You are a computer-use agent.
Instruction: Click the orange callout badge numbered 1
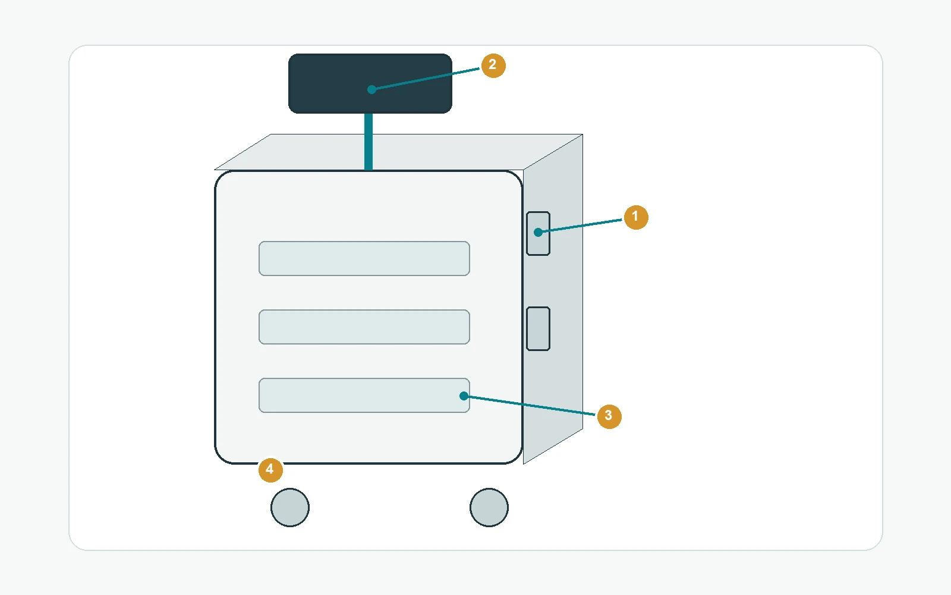(635, 217)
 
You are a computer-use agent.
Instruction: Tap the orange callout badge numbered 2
(493, 65)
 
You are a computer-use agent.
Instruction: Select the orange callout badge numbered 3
(609, 416)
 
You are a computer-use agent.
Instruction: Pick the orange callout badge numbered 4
(270, 469)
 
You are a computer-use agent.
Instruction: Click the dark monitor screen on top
(370, 83)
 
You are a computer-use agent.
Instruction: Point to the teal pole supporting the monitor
(369, 142)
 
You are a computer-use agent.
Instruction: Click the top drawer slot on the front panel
(364, 258)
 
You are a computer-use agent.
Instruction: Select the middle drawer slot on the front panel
(364, 327)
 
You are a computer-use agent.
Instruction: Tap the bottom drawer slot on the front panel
(364, 395)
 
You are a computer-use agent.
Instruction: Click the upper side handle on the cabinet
(538, 233)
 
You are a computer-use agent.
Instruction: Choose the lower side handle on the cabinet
(538, 328)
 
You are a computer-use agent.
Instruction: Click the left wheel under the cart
(290, 508)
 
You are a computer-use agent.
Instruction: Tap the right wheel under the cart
(489, 508)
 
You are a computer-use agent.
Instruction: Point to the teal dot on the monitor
(371, 89)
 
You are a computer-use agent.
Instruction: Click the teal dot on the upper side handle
(538, 232)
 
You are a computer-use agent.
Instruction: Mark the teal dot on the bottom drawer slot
(464, 396)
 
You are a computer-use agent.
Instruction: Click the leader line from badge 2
(426, 79)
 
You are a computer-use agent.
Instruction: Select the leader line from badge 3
(530, 405)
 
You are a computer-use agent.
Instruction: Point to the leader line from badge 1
(580, 226)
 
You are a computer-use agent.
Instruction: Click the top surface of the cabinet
(398, 152)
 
